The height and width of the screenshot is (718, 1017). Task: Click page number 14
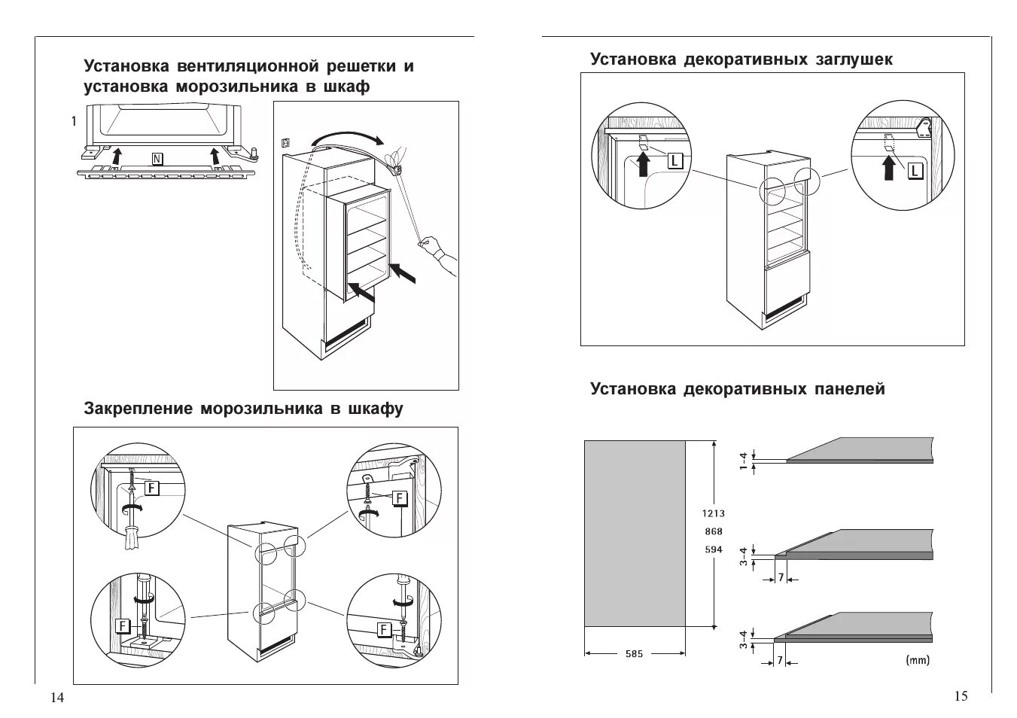(57, 698)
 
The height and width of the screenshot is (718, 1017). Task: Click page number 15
(961, 696)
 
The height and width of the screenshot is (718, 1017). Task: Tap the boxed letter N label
(157, 159)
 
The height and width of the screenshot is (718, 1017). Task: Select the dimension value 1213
(713, 514)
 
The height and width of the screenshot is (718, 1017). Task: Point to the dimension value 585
(634, 654)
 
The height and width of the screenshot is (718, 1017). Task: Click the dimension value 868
(713, 532)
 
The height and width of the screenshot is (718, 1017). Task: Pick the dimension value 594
(713, 549)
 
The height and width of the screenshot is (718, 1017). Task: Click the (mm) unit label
(918, 661)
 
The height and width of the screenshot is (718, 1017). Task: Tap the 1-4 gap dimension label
(743, 461)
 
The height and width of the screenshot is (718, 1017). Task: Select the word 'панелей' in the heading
(850, 389)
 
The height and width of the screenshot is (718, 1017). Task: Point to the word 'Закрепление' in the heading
(138, 409)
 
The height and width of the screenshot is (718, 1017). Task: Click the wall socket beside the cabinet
(285, 141)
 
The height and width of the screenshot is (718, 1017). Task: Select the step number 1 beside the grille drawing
(73, 120)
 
